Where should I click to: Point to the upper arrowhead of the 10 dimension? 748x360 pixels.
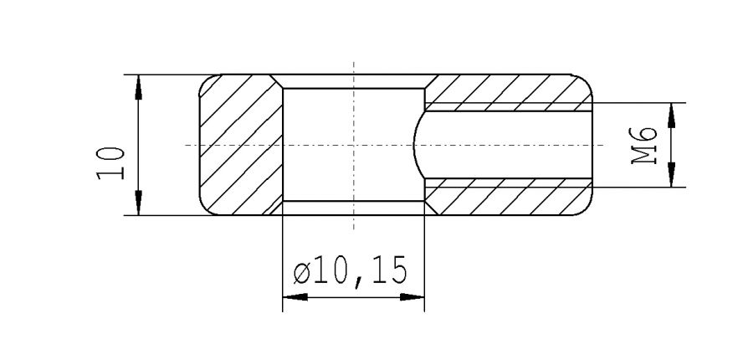pos(139,85)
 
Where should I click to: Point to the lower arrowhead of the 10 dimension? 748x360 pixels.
pos(139,205)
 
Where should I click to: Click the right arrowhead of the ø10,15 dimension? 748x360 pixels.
pos(413,297)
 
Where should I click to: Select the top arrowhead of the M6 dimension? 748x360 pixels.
pos(671,113)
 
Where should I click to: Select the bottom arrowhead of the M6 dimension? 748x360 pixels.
pos(671,177)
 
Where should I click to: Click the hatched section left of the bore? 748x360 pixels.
pos(238,144)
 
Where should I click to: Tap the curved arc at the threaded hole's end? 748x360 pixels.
pos(417,144)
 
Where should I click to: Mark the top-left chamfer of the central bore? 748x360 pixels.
pos(278,82)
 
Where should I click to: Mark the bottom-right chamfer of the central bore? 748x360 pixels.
pos(428,207)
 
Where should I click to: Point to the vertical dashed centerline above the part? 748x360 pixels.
pos(354,67)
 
